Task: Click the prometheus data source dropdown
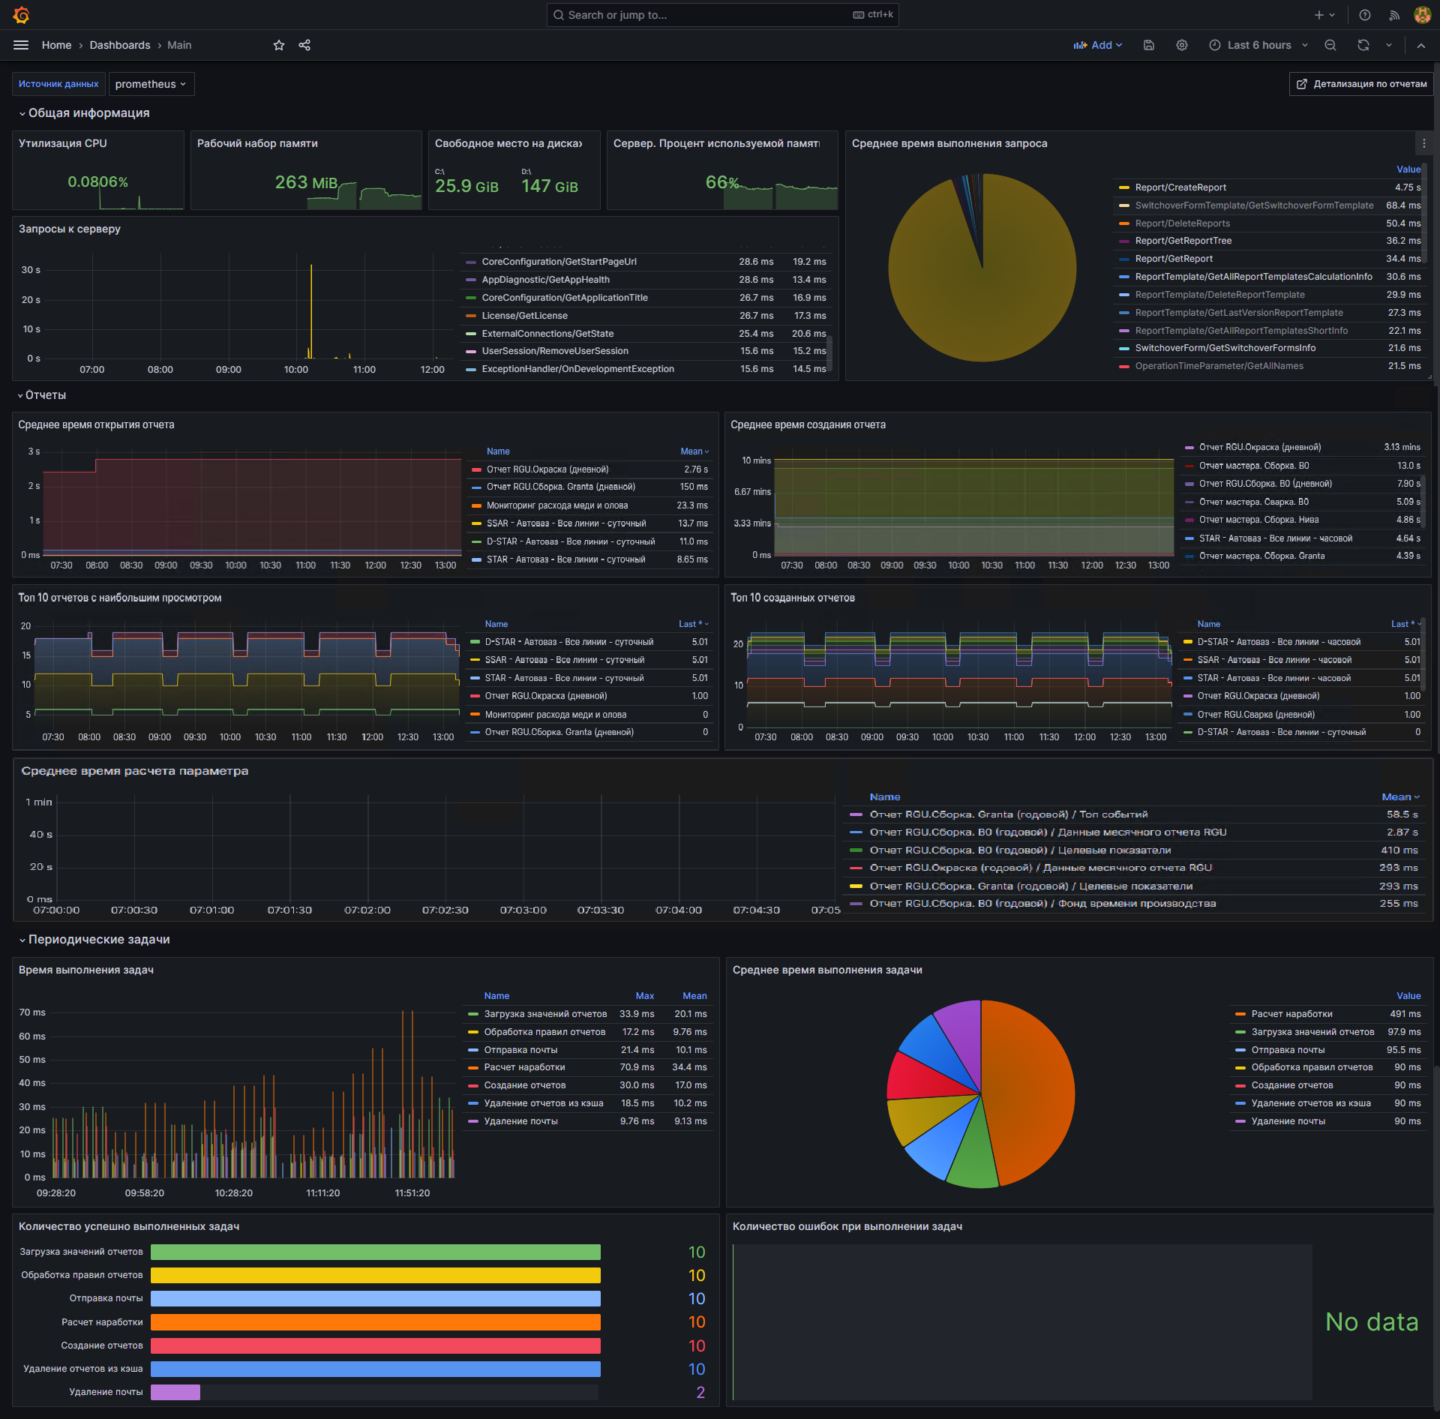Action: [x=151, y=84]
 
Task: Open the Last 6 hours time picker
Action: [x=1258, y=45]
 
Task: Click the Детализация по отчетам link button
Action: [x=1360, y=84]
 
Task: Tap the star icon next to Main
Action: [x=279, y=45]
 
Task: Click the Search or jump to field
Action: [x=722, y=15]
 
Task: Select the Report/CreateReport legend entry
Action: [x=1180, y=187]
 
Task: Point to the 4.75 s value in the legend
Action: [x=1407, y=187]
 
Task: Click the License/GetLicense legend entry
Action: [x=524, y=316]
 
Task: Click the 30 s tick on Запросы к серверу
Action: [x=31, y=270]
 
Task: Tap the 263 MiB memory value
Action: [x=306, y=183]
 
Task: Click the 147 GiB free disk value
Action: [x=550, y=186]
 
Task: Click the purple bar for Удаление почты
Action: [x=175, y=1392]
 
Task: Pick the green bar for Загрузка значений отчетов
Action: [x=376, y=1252]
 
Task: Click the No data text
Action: [x=1372, y=1321]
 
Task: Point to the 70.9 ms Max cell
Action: [x=637, y=1067]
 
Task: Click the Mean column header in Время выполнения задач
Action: [x=694, y=996]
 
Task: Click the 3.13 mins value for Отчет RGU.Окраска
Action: [x=1402, y=447]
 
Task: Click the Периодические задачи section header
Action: [x=99, y=940]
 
